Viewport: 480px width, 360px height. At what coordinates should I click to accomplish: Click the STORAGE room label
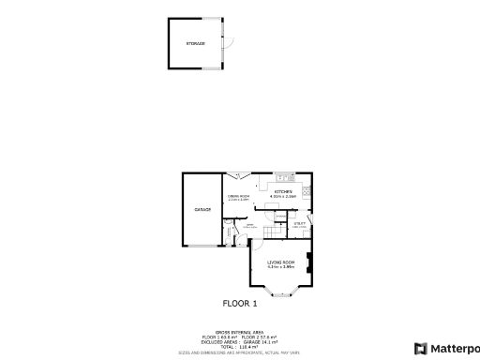point(195,44)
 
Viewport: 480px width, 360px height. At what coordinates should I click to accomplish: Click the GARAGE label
point(202,210)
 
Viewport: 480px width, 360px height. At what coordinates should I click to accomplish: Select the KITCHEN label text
point(283,191)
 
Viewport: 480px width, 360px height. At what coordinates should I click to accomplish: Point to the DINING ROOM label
point(238,195)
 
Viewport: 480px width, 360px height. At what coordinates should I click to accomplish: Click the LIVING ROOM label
point(281,262)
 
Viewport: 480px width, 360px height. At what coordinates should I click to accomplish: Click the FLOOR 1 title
point(239,303)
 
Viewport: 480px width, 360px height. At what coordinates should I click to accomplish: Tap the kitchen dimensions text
point(283,197)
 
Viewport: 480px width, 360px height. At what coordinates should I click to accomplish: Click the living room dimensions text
point(281,267)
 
